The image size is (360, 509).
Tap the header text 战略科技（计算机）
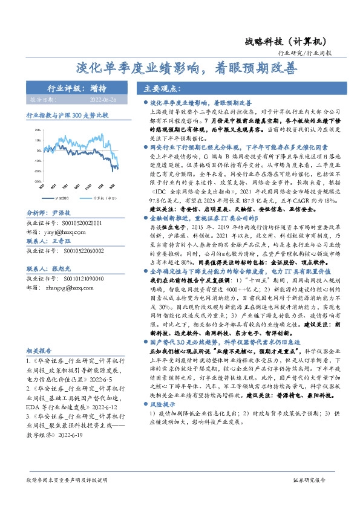[x=286, y=41]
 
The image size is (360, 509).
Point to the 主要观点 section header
[x=160, y=88]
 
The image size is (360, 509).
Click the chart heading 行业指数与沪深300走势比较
[x=67, y=114]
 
